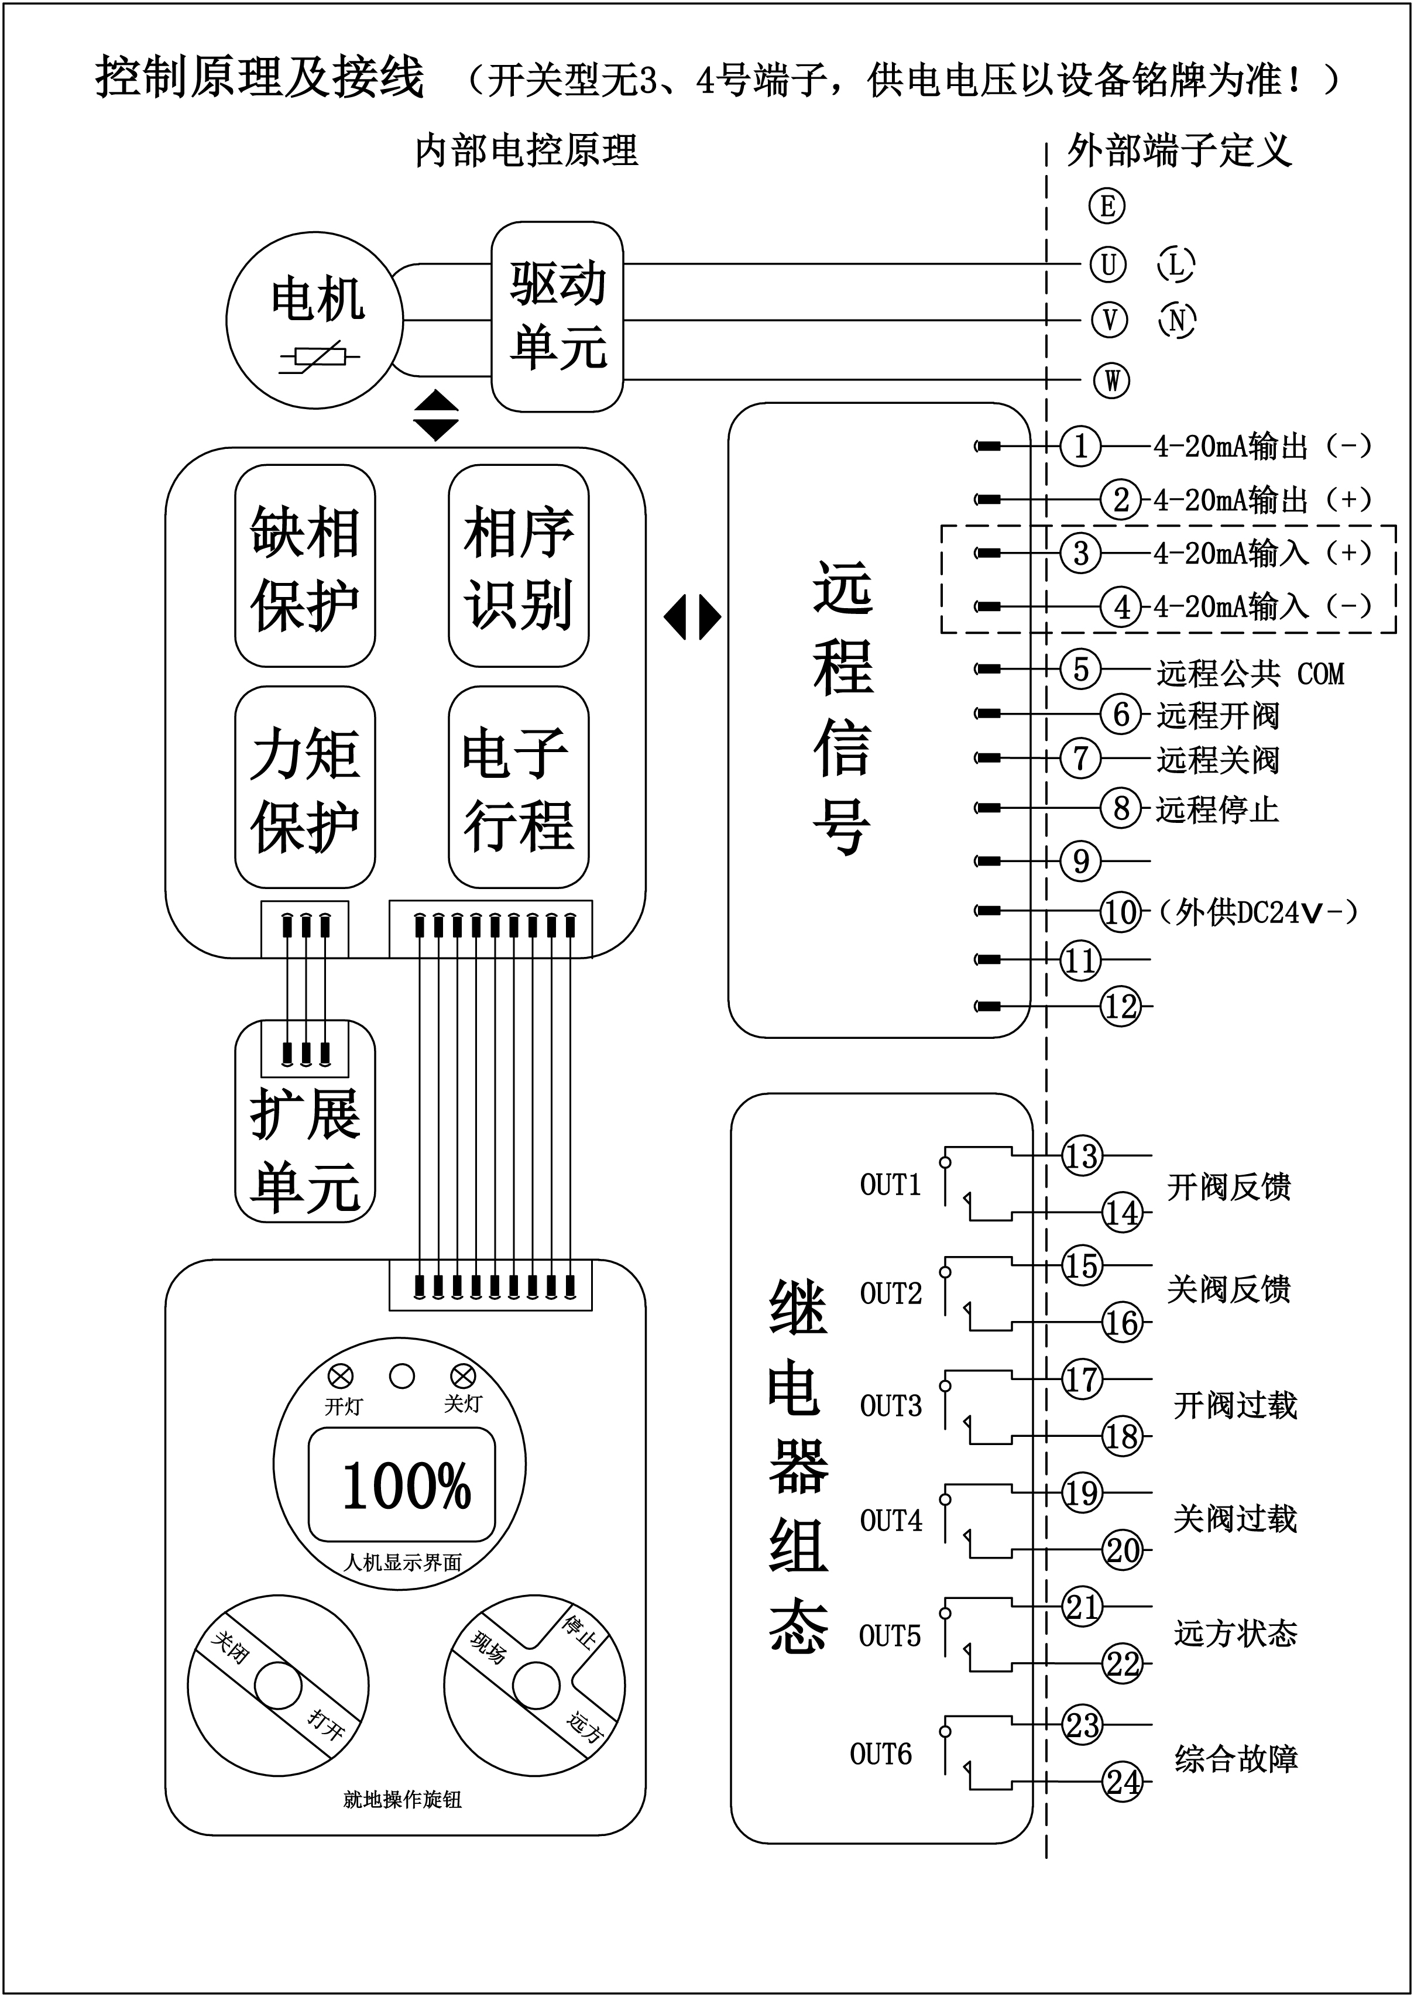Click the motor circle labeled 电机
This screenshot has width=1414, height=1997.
point(314,320)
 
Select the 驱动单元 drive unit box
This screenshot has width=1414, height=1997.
point(557,317)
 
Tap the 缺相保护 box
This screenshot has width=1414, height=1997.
point(305,567)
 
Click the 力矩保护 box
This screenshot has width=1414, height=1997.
point(305,788)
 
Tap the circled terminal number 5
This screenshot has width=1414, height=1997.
point(1080,670)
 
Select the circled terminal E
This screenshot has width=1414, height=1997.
point(1107,207)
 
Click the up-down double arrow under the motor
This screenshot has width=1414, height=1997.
point(435,414)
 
